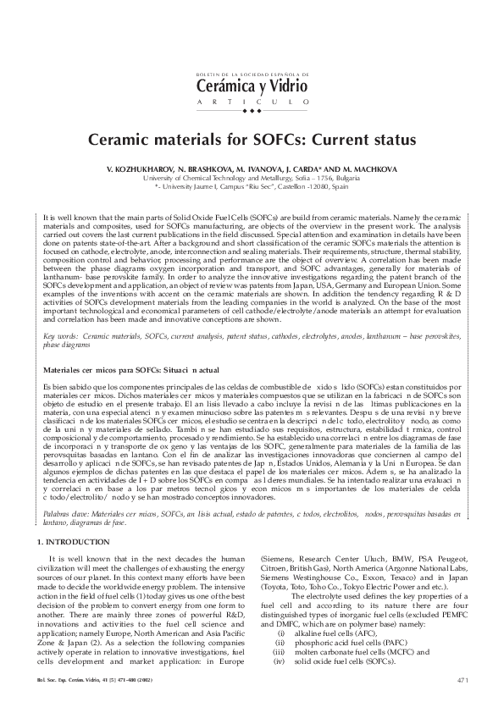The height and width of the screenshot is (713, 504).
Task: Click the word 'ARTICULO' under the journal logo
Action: click(252, 102)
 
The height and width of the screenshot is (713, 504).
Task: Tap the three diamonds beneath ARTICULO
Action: click(252, 111)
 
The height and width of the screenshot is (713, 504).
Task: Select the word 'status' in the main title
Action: click(387, 137)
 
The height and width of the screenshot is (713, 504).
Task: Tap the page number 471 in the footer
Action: click(462, 702)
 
